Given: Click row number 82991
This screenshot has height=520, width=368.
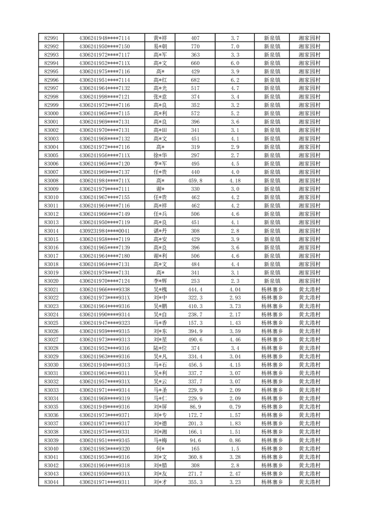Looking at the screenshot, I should pos(51,38).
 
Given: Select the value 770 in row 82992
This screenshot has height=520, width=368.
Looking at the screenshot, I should pos(195,46).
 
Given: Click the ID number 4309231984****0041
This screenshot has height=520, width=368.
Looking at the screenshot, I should pos(104,231).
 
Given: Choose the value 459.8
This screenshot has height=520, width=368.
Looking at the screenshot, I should pos(195,180).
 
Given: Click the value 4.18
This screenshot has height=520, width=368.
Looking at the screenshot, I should pos(235,180).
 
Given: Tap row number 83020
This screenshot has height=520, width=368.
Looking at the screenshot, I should pos(51,281).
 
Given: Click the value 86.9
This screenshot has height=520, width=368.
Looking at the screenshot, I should pos(195,406).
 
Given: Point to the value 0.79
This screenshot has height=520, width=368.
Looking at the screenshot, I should pos(235,406).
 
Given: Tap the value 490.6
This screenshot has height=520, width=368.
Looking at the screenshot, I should pos(195,340).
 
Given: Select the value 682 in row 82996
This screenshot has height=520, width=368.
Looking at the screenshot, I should pos(195,80).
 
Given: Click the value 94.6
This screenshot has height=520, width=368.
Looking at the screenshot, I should pos(195,440).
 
